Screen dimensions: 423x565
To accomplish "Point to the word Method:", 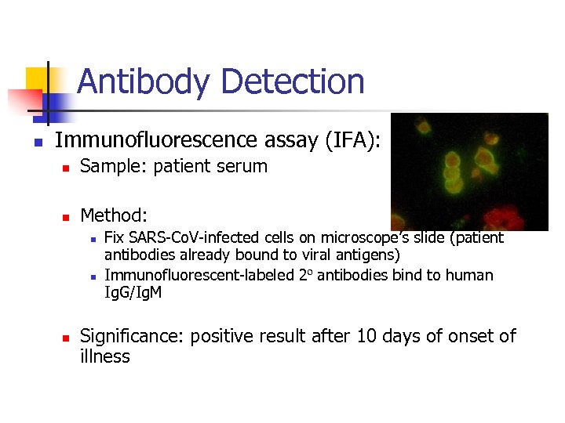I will tap(115, 215).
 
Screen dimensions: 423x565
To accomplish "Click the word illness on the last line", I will tap(105, 357).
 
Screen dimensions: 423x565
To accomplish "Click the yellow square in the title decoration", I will tap(37, 78).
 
